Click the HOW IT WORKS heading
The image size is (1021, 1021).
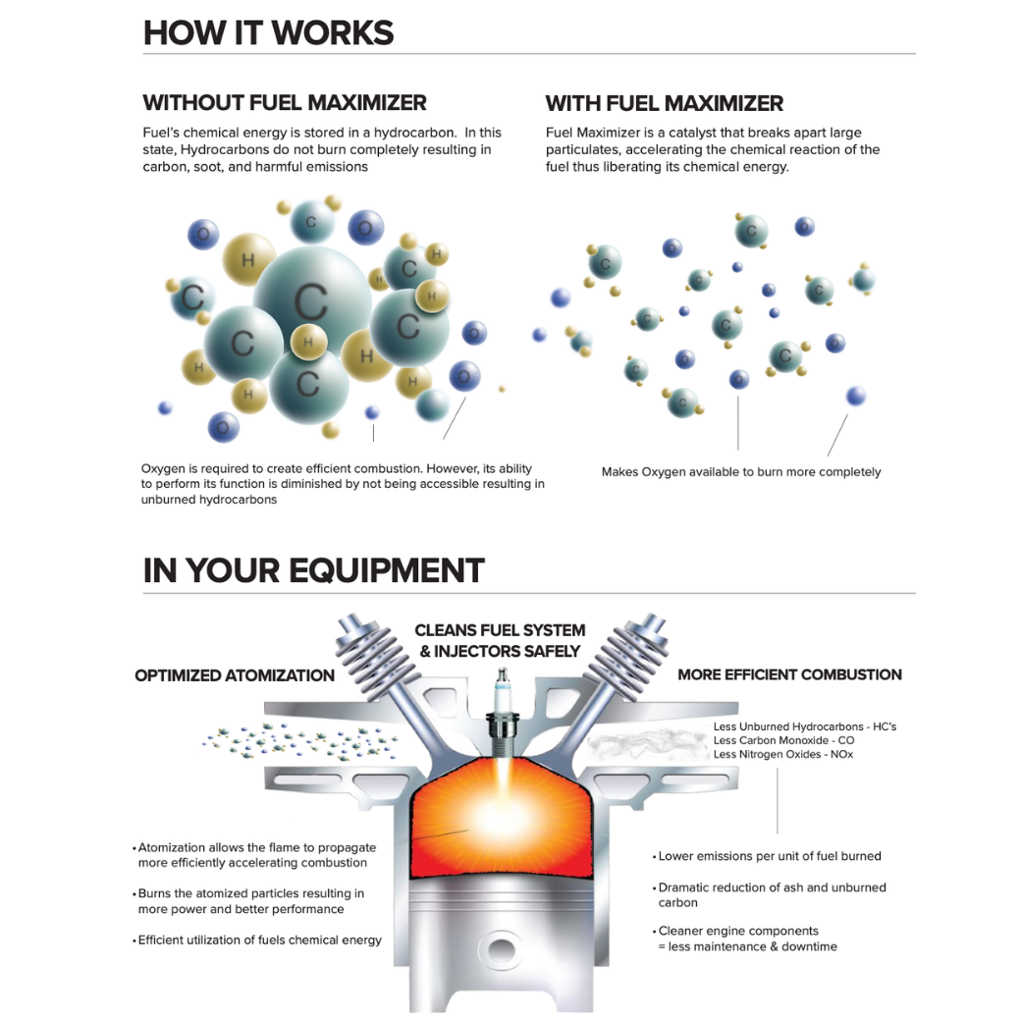click(x=268, y=33)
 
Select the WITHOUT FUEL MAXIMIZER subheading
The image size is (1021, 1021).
click(x=285, y=103)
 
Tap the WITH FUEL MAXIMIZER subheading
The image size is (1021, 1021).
click(x=665, y=103)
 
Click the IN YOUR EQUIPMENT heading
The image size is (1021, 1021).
click(x=313, y=570)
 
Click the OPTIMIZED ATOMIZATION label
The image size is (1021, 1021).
click(x=235, y=675)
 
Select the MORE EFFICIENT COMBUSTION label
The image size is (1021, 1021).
click(x=789, y=674)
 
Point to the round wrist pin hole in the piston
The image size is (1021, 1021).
click(x=500, y=950)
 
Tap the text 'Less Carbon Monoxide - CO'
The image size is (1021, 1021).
click(x=783, y=740)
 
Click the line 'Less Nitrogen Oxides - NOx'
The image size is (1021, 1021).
click(x=783, y=754)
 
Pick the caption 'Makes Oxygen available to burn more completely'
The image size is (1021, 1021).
click(x=741, y=472)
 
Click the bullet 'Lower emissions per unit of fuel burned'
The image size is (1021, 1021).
click(x=770, y=856)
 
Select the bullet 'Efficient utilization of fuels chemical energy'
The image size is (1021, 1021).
click(x=259, y=940)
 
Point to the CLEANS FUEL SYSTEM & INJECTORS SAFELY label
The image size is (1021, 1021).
click(x=500, y=640)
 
